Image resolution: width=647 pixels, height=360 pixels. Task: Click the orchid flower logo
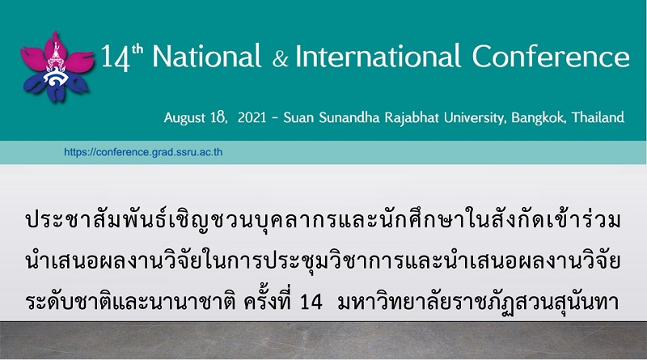coord(56,67)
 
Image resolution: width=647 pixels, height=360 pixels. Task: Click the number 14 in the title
coord(115,58)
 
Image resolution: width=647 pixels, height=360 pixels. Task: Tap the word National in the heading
coord(207,56)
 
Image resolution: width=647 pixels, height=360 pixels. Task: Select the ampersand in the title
coord(280,58)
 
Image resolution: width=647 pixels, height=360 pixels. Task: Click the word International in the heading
coord(378,56)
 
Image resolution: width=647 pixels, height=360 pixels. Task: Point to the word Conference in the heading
coord(551,56)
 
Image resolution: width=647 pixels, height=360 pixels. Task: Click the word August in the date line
coord(184,118)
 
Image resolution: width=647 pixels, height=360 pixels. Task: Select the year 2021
coord(252,117)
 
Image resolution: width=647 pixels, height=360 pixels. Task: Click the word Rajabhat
coord(412,117)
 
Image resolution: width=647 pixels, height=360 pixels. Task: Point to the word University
coord(475,117)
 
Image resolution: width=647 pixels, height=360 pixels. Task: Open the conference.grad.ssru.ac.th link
coord(143,152)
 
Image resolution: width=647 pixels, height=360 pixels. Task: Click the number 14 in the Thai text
coord(311,302)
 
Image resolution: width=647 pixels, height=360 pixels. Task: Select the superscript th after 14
coord(137,49)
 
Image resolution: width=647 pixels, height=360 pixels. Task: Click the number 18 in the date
coord(218,117)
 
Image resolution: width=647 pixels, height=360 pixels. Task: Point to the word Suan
coord(298,117)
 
